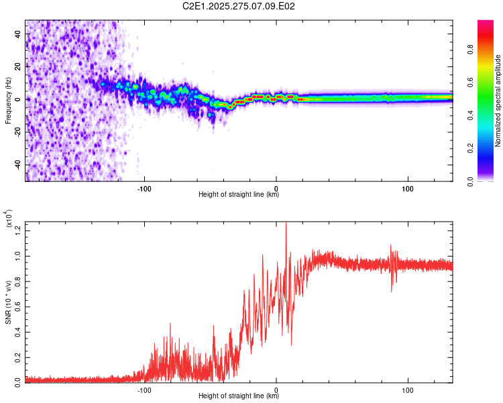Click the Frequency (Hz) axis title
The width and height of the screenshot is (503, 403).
(9, 100)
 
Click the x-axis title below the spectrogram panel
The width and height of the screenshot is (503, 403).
(239, 195)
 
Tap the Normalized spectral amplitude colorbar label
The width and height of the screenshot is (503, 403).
(498, 101)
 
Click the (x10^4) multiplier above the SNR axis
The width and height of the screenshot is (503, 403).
(9, 220)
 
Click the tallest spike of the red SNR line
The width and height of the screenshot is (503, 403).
(286, 224)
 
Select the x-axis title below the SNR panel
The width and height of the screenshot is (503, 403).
(239, 396)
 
